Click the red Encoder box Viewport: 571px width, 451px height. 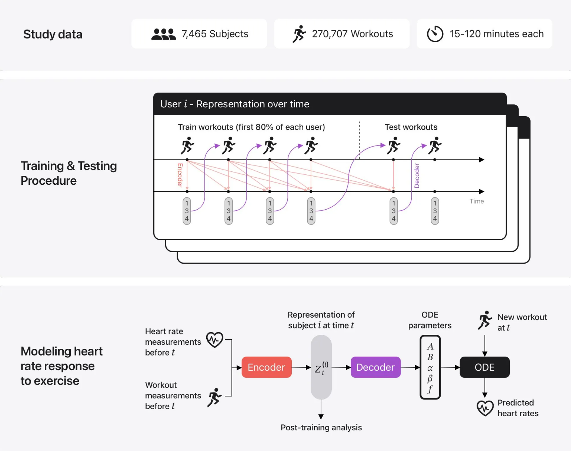[x=266, y=367]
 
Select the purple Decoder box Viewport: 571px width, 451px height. [x=375, y=367]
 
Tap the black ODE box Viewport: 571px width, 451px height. [x=484, y=367]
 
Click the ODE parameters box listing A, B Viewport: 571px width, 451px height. [x=430, y=367]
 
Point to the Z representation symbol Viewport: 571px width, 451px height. [x=321, y=368]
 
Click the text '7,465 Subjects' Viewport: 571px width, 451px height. [x=215, y=34]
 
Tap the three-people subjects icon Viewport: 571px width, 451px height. [x=163, y=34]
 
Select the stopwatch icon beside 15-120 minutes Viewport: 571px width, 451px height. [x=435, y=34]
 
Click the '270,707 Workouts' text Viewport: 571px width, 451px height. [x=352, y=34]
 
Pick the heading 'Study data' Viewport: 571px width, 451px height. [x=53, y=34]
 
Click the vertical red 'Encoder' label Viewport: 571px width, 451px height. [x=180, y=175]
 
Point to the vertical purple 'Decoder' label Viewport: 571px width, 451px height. [x=417, y=176]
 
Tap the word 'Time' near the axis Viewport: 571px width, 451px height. [x=477, y=201]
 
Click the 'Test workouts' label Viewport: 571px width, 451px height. [x=411, y=127]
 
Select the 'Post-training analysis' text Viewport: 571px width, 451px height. [x=321, y=427]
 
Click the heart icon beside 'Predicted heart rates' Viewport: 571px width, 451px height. [x=485, y=408]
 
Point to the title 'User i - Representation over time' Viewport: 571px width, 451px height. [x=234, y=104]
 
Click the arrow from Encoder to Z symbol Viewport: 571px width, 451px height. [x=301, y=367]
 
